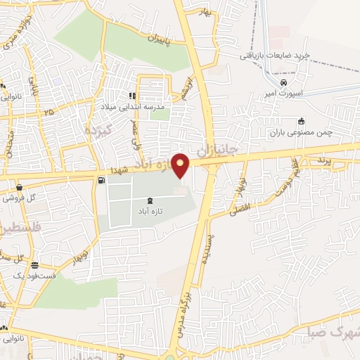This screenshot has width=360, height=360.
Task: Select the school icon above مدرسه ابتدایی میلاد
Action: click(131, 96)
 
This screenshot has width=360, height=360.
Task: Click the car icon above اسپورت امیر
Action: click(283, 82)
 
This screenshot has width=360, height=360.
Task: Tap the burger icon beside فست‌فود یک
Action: click(34, 265)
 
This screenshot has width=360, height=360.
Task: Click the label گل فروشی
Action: click(18, 198)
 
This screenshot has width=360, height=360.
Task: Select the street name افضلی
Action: click(240, 210)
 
